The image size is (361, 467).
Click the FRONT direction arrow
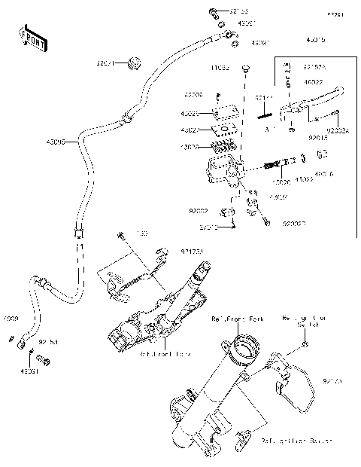tap(32, 38)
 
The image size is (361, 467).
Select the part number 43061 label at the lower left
tap(29, 370)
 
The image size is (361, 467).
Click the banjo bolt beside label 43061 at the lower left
tap(46, 362)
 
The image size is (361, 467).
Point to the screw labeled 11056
tap(246, 72)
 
